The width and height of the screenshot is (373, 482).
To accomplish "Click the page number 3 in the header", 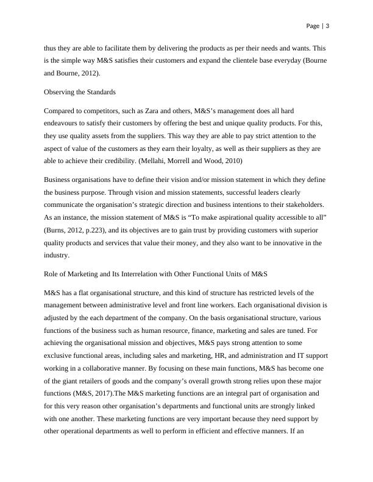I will point(327,26).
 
